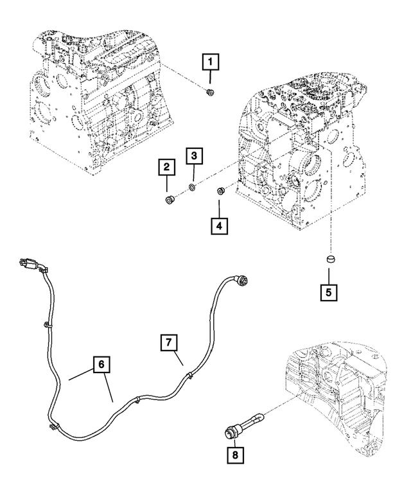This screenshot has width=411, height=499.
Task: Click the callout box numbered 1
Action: click(211, 63)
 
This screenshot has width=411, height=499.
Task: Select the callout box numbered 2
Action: click(166, 169)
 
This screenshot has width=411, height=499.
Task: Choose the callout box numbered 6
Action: click(100, 365)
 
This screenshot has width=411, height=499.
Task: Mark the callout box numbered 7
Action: click(166, 343)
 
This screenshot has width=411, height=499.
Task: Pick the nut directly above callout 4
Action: click(220, 190)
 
